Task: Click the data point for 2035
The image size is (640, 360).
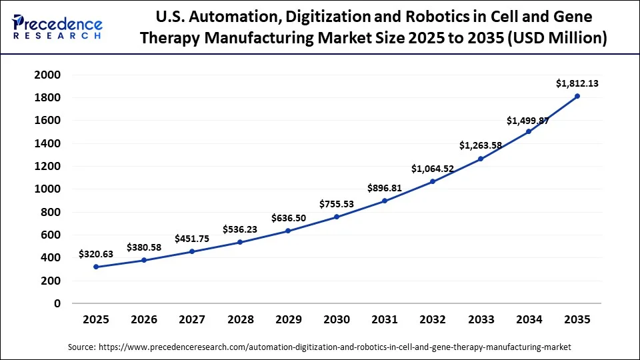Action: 577,96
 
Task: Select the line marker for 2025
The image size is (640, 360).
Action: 96,267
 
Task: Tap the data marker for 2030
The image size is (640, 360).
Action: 337,217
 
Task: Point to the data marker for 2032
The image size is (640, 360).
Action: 433,181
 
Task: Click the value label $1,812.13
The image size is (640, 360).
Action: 577,83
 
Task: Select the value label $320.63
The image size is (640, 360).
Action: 96,254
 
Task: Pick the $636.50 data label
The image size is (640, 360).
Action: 289,218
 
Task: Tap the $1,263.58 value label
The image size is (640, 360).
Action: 481,145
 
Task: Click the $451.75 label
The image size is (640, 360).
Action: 193,239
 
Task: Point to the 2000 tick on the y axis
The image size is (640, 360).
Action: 47,75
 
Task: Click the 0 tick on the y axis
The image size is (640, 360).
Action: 57,303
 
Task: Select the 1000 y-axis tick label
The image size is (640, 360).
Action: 47,189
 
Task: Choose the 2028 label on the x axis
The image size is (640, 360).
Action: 240,320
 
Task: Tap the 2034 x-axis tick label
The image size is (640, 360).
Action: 529,320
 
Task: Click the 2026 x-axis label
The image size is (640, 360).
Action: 144,320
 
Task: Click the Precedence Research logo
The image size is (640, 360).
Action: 57,27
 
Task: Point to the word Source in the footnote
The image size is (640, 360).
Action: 81,347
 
